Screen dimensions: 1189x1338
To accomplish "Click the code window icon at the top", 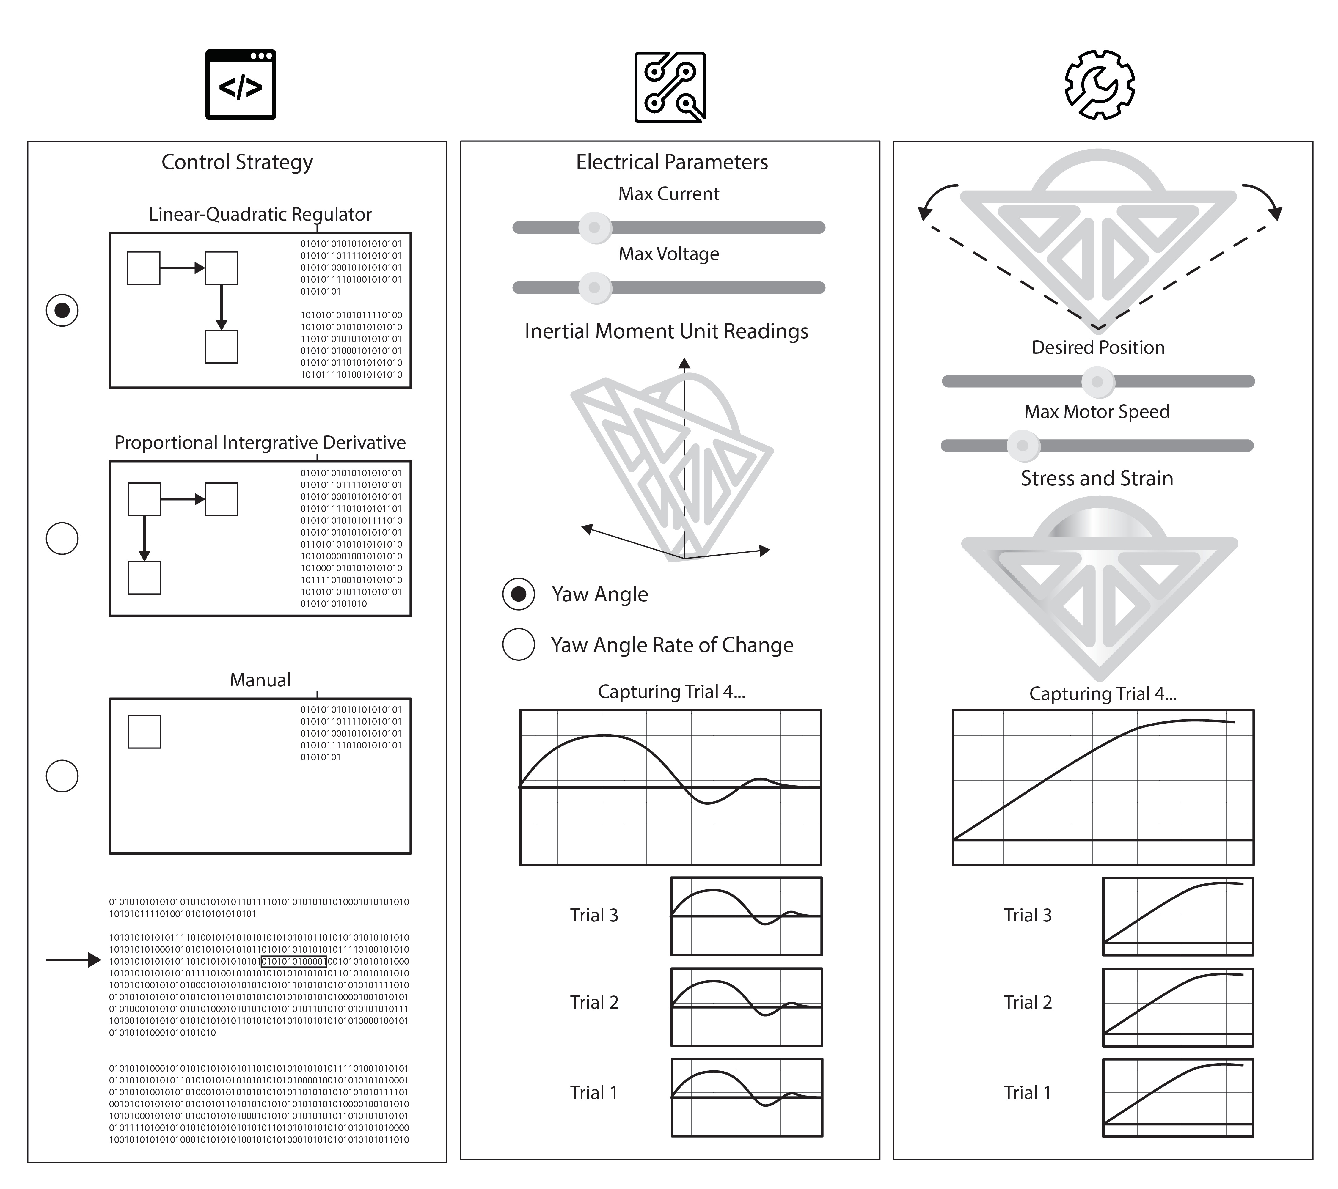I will (x=240, y=85).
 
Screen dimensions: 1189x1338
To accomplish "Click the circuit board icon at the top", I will (x=670, y=87).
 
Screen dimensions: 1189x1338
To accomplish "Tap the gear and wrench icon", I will (x=1099, y=85).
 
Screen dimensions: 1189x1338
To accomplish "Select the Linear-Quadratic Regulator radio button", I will (x=62, y=310).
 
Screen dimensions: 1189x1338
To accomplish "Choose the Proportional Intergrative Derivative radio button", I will (x=62, y=539).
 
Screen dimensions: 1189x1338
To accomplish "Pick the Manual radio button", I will (x=62, y=776).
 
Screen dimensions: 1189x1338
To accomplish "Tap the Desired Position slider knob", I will (x=1098, y=381).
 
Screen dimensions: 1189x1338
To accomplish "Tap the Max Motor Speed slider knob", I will (x=1023, y=446).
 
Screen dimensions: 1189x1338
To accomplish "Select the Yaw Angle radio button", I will (x=519, y=594).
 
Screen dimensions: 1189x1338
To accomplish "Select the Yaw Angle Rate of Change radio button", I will (x=519, y=644).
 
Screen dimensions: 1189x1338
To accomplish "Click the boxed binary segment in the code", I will (x=293, y=961).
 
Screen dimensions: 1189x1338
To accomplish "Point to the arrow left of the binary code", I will (x=73, y=960).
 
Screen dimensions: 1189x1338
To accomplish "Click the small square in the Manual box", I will (x=144, y=732).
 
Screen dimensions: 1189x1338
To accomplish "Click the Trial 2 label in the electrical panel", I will (x=594, y=1003).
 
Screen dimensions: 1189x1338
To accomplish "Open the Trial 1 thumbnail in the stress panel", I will (x=1178, y=1097).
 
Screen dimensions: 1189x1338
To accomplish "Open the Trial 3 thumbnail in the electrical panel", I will (x=746, y=916).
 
